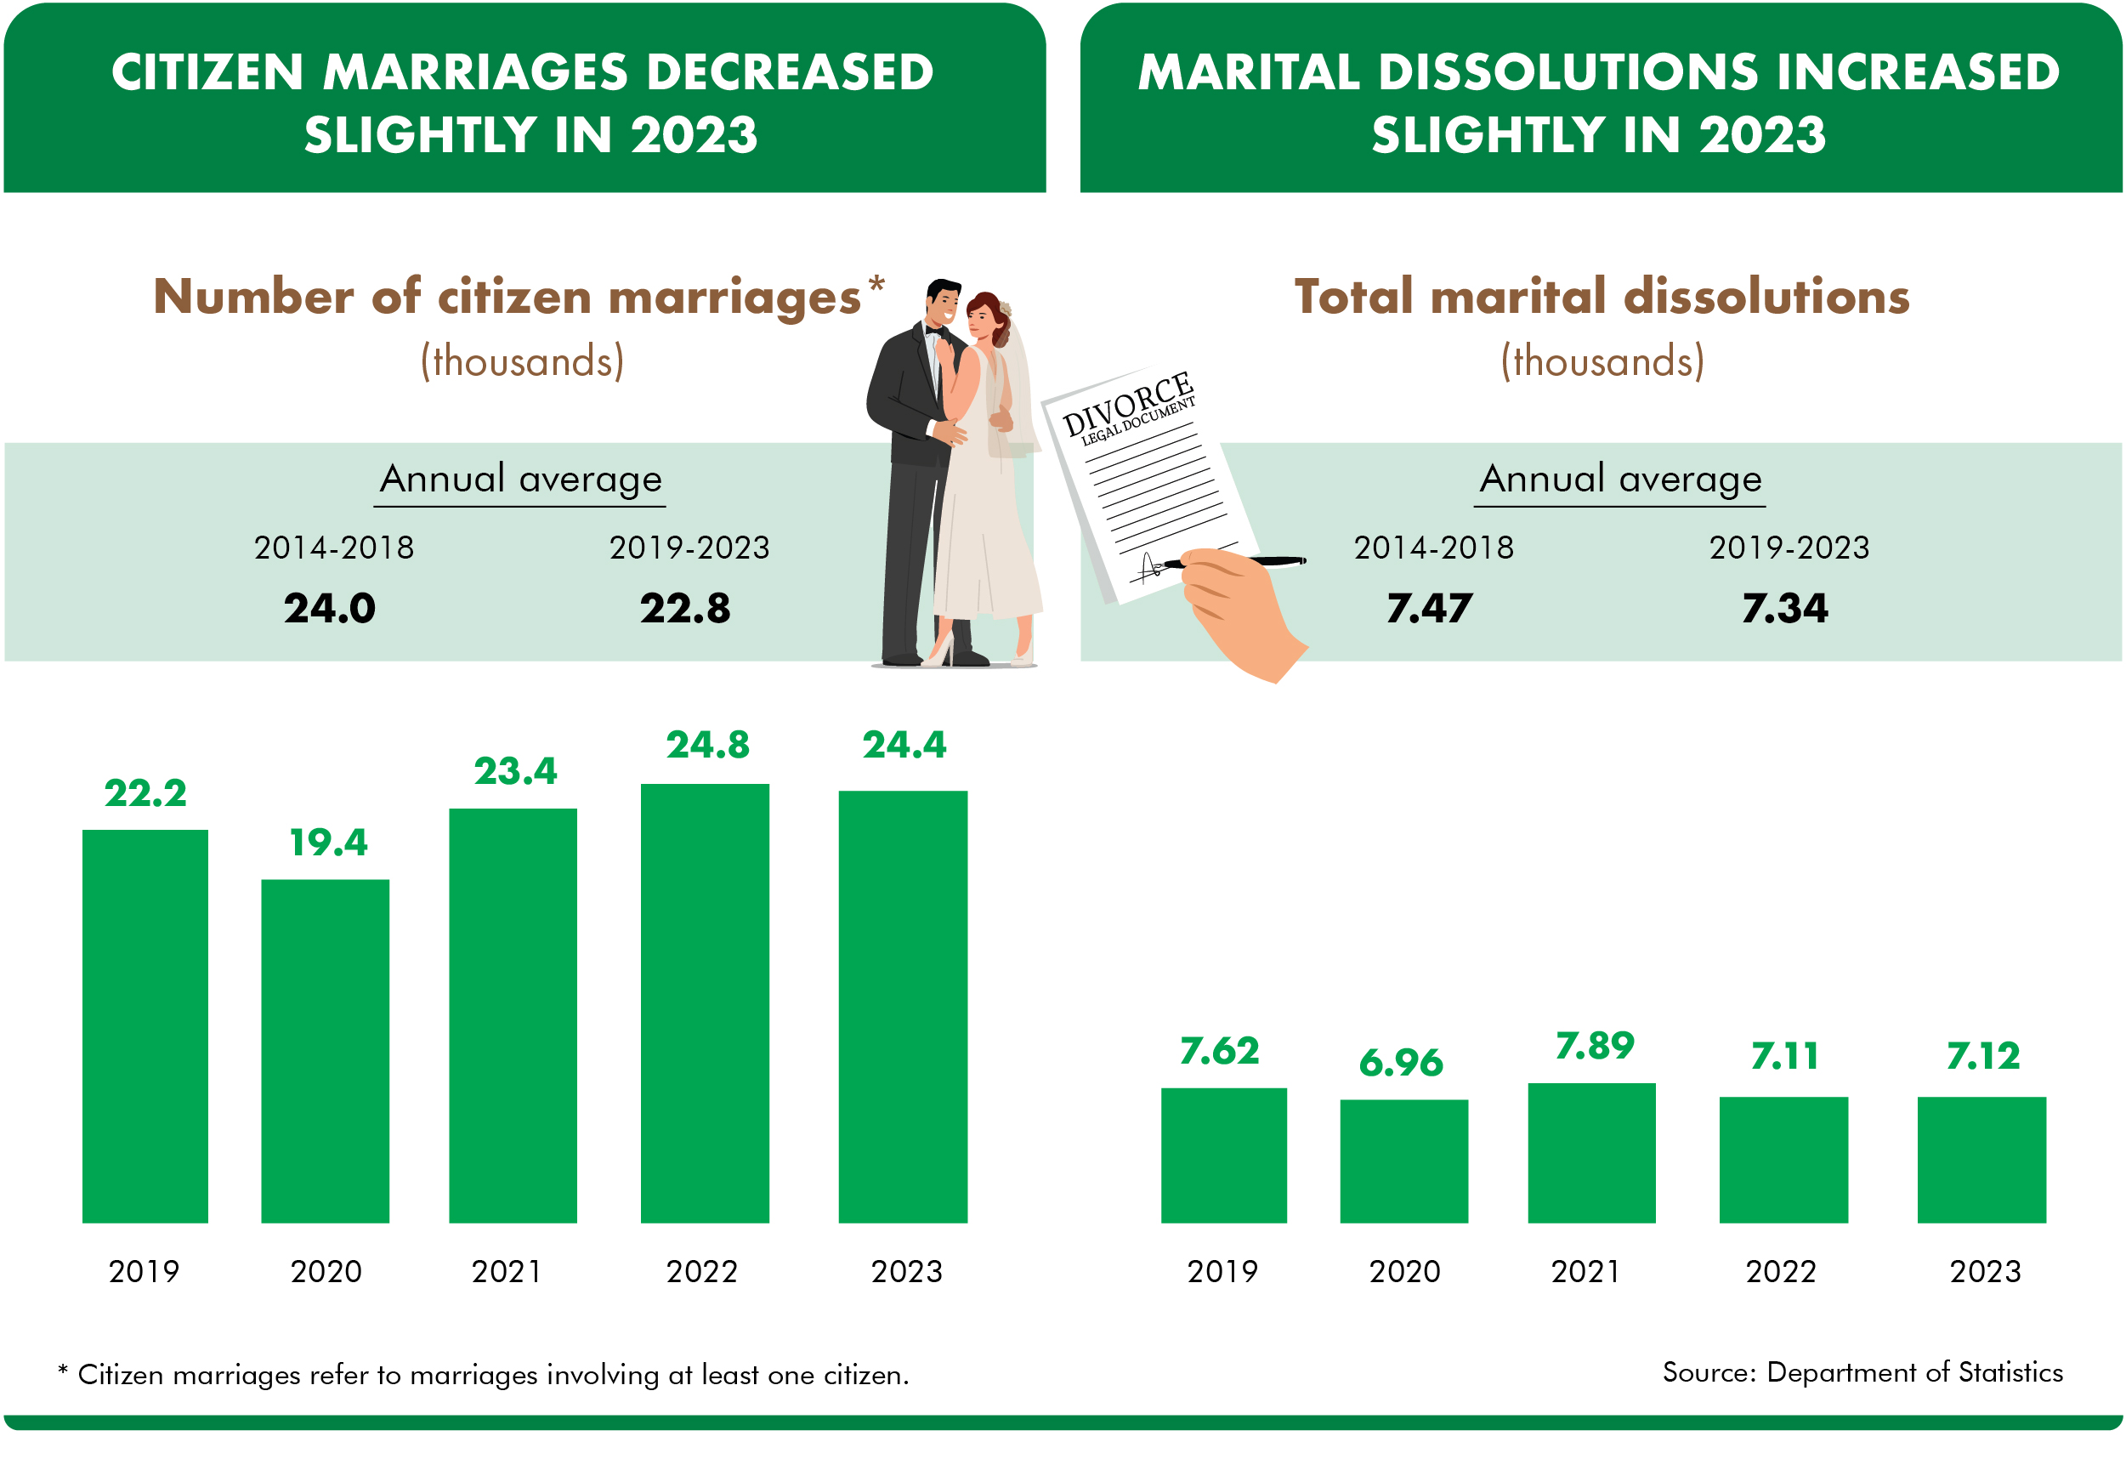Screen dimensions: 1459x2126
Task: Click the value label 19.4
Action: point(328,843)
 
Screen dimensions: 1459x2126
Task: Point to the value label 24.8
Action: point(707,745)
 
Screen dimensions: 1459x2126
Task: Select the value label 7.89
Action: point(1595,1046)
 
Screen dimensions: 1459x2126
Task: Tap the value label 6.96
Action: point(1401,1062)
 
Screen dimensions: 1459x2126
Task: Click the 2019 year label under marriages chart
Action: point(144,1270)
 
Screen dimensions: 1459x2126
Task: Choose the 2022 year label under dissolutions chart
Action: point(1780,1270)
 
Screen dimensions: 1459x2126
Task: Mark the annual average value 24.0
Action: point(329,608)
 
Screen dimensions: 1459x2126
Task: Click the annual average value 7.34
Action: point(1784,608)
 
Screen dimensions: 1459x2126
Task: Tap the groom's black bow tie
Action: point(934,331)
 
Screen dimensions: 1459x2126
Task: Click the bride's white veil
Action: point(1019,384)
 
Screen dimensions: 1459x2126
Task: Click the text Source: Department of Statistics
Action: point(1862,1372)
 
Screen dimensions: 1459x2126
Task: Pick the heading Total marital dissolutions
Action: point(1601,297)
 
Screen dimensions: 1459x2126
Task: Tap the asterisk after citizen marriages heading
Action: point(876,284)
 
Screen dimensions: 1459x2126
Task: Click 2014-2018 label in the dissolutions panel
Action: point(1433,547)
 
